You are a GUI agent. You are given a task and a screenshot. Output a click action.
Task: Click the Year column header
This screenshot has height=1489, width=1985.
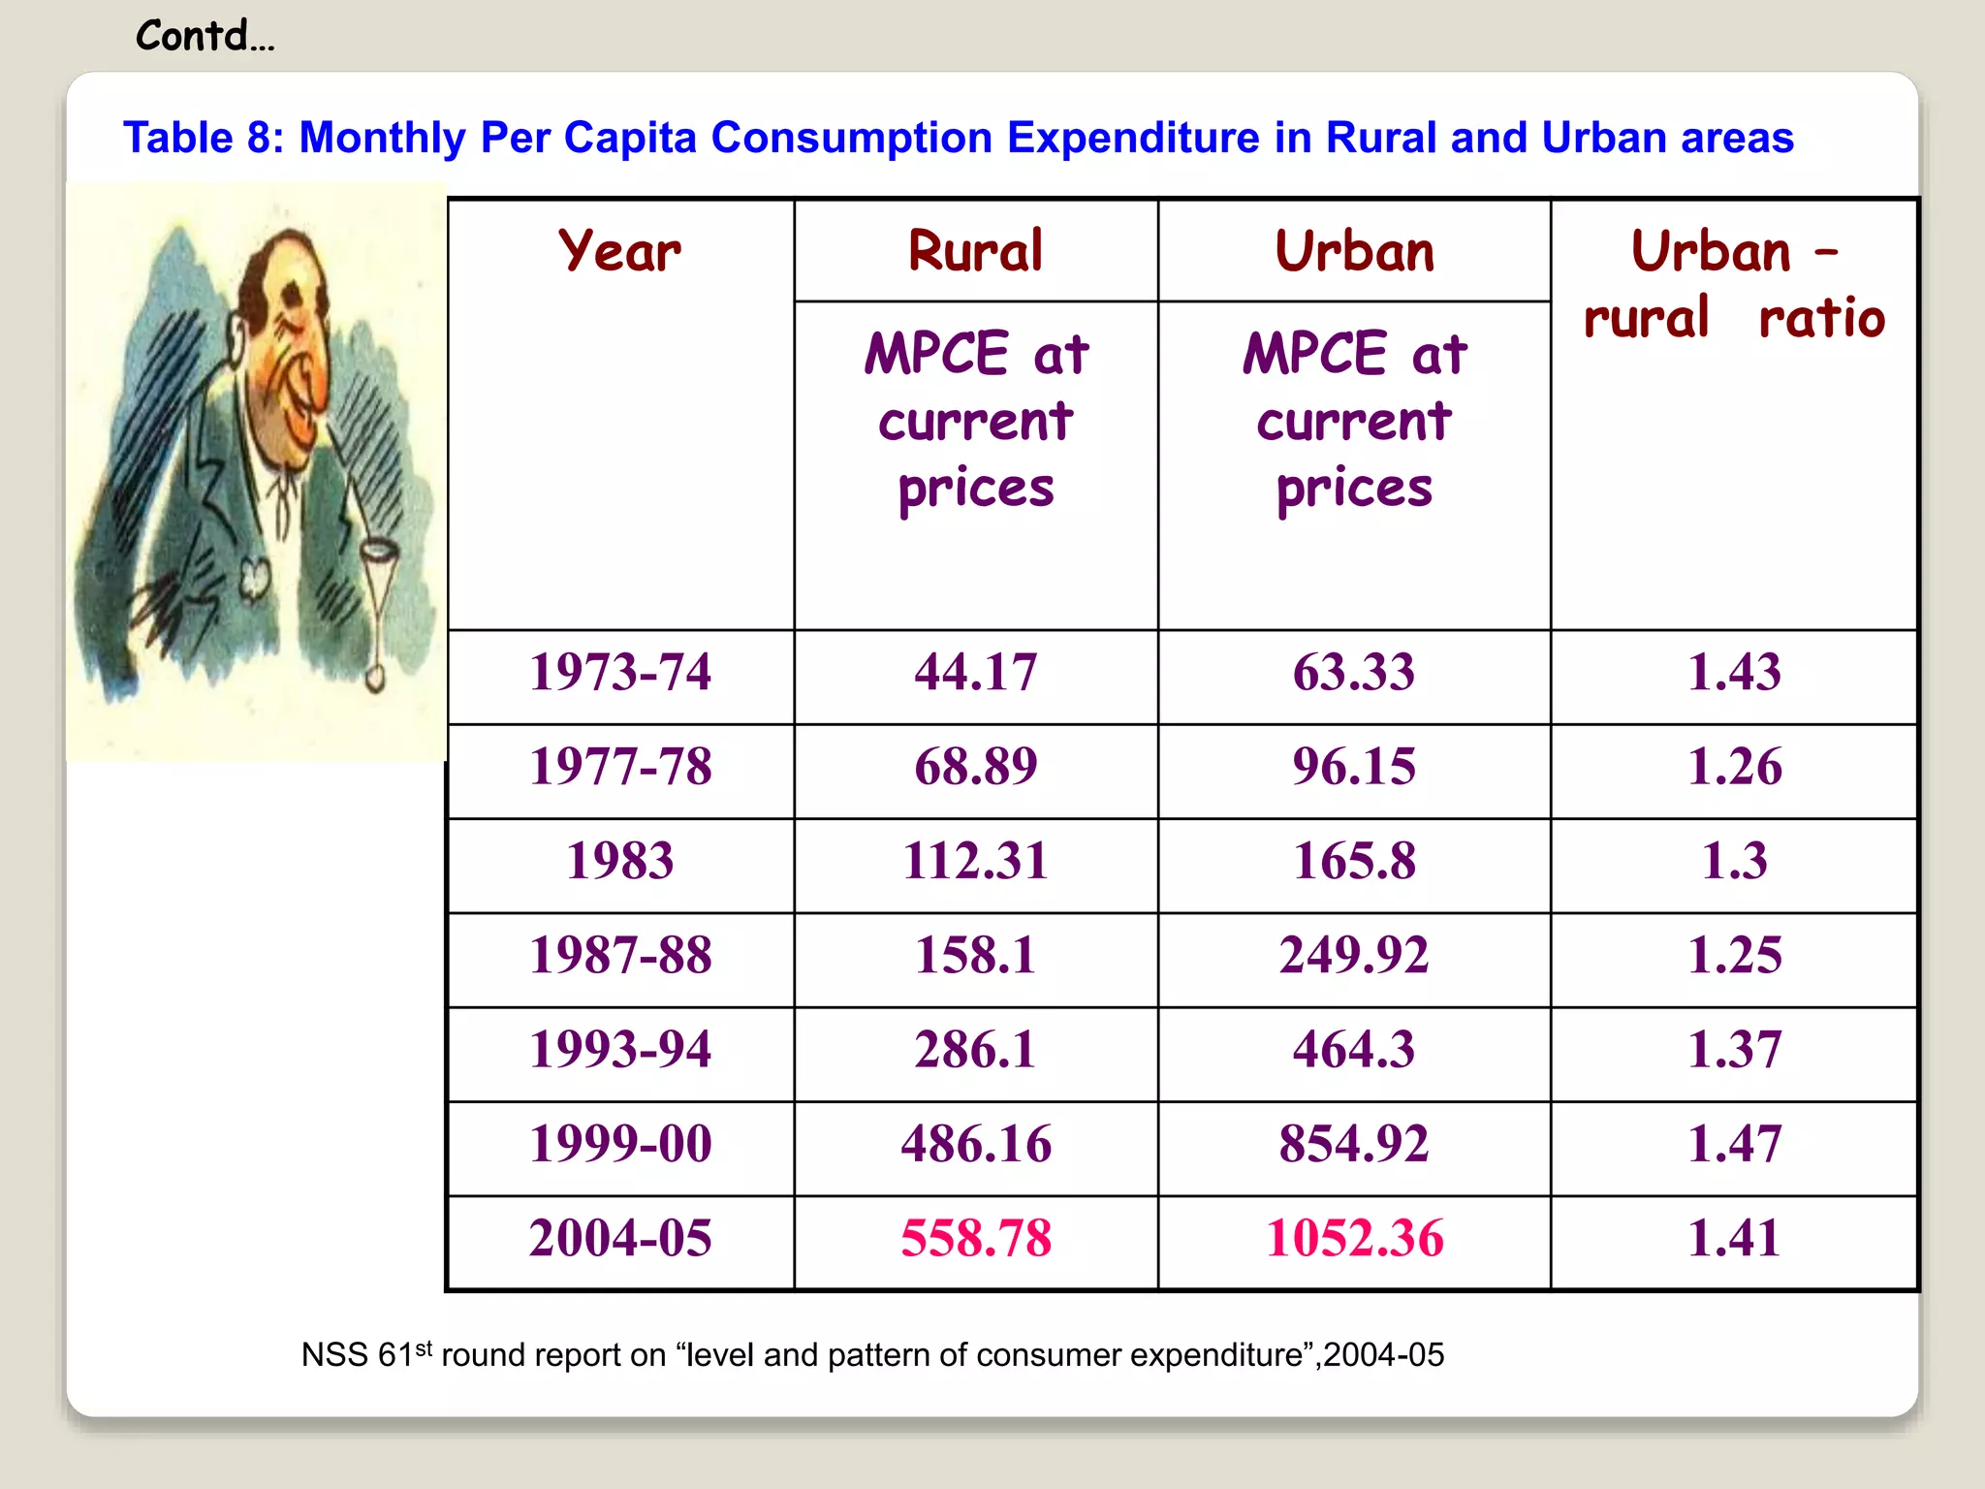[x=620, y=251]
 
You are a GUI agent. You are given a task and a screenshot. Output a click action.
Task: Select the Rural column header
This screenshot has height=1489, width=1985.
[x=975, y=251]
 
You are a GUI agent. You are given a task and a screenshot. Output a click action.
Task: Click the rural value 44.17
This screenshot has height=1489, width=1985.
[x=975, y=672]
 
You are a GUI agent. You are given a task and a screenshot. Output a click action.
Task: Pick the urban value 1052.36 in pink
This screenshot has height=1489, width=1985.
[x=1354, y=1238]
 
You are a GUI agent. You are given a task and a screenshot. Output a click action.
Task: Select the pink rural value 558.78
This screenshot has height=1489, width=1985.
[x=975, y=1238]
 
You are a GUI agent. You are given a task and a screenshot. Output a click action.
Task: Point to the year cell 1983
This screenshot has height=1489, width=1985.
[x=620, y=861]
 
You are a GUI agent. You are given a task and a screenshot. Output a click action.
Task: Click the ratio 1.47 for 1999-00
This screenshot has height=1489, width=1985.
[x=1734, y=1144]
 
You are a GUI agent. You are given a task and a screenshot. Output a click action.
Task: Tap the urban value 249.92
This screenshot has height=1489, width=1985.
[x=1354, y=955]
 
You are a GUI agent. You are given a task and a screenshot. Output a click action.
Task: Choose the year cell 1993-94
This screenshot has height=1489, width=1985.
[x=620, y=1050]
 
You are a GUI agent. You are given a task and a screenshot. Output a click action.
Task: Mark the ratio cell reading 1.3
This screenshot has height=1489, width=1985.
[x=1734, y=861]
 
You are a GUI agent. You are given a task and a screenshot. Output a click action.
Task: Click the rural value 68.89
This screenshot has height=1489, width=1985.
[x=975, y=767]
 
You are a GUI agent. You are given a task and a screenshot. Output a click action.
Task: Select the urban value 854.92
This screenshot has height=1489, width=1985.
[x=1354, y=1144]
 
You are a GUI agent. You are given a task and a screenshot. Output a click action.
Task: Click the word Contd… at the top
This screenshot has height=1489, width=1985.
[x=205, y=37]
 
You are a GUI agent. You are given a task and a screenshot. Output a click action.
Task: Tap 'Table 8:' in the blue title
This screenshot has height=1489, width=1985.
[x=204, y=138]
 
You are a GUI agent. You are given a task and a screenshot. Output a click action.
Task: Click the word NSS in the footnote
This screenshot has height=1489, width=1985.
[x=334, y=1355]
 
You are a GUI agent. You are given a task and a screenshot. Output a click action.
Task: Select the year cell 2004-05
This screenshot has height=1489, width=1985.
[x=620, y=1238]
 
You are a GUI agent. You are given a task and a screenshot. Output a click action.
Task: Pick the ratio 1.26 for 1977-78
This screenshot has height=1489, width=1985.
[x=1734, y=767]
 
